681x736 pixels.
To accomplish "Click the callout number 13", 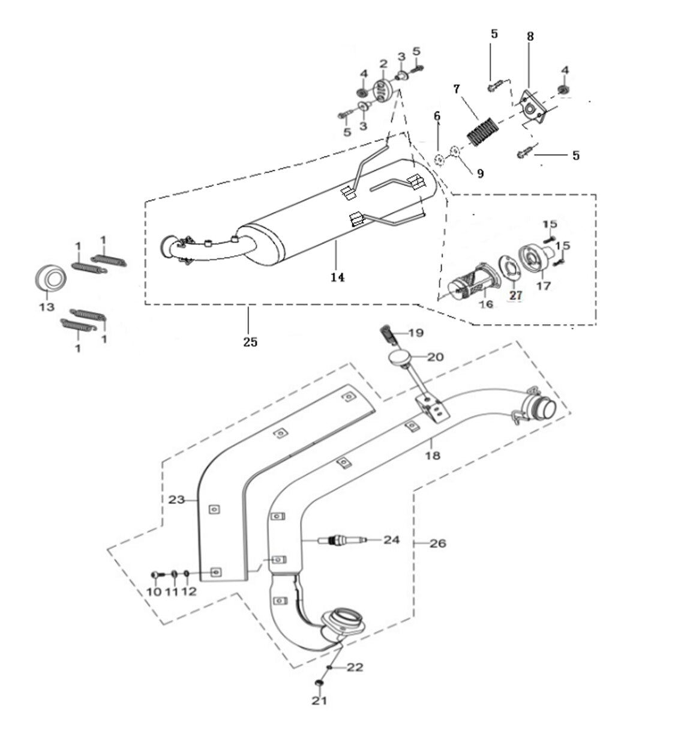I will click(46, 307).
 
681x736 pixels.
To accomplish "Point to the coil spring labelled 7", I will click(484, 132).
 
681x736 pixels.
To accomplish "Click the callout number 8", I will click(530, 36).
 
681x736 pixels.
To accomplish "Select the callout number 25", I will click(250, 342).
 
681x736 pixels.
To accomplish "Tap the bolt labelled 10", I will click(156, 575).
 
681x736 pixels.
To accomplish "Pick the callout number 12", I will click(188, 592).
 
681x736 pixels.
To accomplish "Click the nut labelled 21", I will click(319, 685).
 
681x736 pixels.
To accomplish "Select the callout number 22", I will click(355, 668).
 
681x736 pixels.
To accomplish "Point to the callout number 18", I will click(432, 456).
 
